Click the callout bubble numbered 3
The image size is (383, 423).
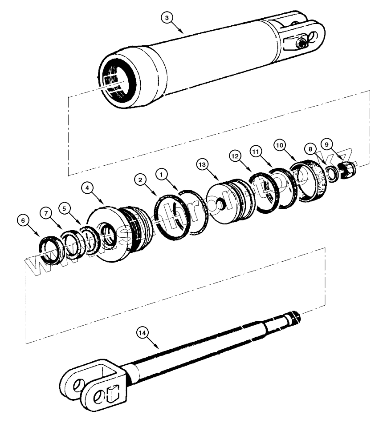click(166, 18)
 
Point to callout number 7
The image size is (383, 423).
click(45, 213)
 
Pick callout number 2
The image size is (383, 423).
click(141, 180)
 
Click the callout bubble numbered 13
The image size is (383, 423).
click(202, 165)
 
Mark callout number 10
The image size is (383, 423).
click(279, 145)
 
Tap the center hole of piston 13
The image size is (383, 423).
click(221, 205)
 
